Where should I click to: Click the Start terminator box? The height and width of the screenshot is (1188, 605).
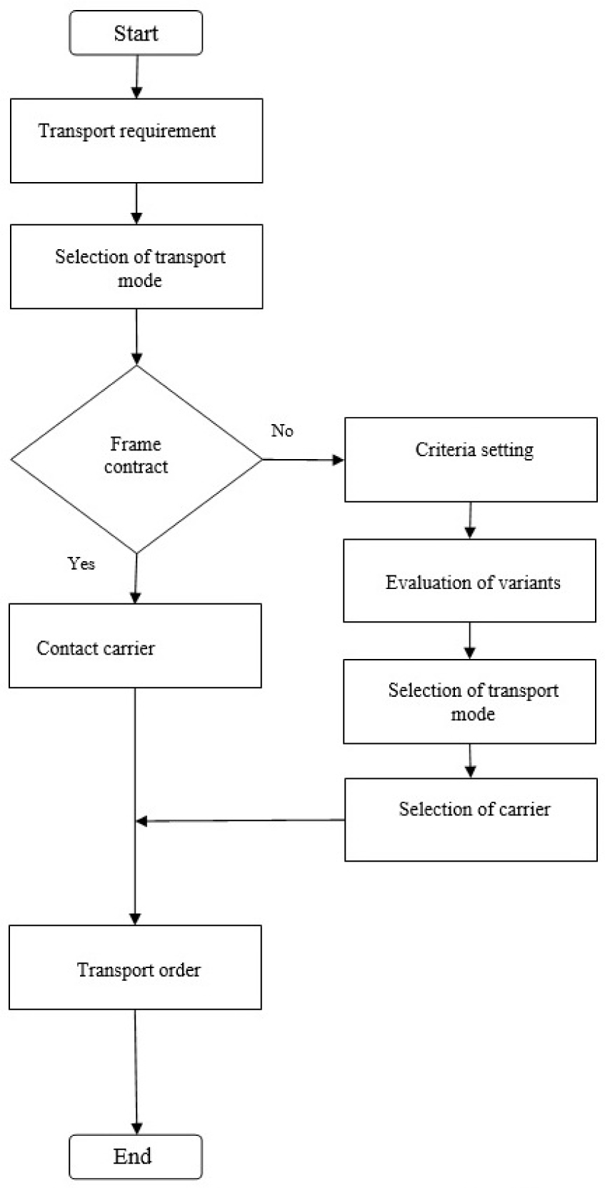click(x=136, y=34)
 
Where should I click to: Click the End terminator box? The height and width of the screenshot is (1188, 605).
click(x=135, y=1156)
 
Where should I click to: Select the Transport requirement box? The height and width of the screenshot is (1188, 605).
click(x=136, y=141)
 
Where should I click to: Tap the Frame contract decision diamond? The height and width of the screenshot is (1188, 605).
click(x=136, y=459)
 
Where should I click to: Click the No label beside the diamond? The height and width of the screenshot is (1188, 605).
click(x=282, y=431)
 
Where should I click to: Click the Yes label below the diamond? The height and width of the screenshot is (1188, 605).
click(x=81, y=563)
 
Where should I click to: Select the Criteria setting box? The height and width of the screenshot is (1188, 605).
click(x=471, y=459)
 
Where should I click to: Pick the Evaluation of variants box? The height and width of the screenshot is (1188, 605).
click(x=469, y=580)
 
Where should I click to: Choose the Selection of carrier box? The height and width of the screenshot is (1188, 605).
click(x=471, y=819)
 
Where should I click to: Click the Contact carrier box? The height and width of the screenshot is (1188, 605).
click(x=135, y=645)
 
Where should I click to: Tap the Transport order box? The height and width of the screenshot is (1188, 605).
click(x=135, y=967)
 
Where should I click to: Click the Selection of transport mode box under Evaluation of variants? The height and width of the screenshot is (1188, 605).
click(x=469, y=701)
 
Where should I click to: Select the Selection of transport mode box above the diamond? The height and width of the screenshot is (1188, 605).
click(x=136, y=267)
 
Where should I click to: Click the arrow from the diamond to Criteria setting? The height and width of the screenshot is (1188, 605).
click(x=304, y=460)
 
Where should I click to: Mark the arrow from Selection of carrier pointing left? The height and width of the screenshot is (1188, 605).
click(x=239, y=821)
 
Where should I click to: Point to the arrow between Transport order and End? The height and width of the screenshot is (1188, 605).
click(x=135, y=1071)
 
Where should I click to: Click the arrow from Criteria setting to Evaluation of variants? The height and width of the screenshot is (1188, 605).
click(x=469, y=520)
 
